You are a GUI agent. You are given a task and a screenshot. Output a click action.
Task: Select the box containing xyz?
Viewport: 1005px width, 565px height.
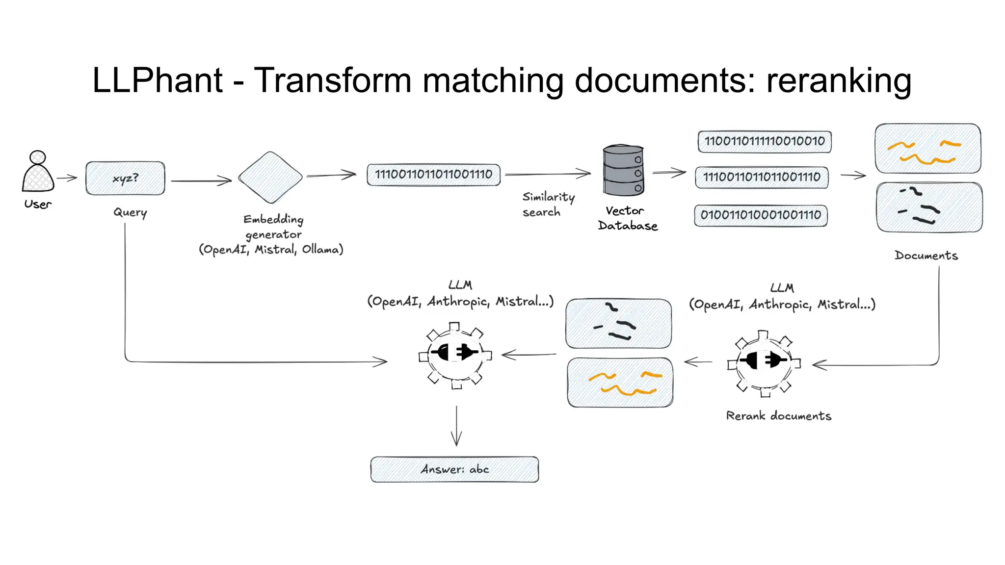tap(125, 178)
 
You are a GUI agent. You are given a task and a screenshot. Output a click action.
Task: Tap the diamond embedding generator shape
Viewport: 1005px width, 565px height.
tap(270, 178)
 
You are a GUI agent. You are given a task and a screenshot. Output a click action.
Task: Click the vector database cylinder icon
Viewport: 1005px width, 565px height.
tap(623, 171)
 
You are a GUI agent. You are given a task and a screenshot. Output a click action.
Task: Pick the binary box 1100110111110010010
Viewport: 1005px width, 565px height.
tap(765, 141)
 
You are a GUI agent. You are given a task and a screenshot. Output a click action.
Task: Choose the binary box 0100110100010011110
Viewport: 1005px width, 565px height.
tap(761, 215)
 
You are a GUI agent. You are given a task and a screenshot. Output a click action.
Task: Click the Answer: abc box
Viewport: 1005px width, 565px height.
tap(454, 469)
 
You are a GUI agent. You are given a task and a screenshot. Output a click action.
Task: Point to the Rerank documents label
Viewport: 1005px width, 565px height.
tap(778, 416)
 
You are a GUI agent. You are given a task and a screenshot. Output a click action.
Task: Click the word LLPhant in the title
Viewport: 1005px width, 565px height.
tap(158, 80)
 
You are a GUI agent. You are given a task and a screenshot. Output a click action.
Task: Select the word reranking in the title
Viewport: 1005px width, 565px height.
tap(839, 80)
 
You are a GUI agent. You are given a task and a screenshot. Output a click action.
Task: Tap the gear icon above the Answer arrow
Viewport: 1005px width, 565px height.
tap(455, 355)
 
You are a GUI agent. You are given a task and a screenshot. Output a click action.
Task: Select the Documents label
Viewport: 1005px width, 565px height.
tap(926, 256)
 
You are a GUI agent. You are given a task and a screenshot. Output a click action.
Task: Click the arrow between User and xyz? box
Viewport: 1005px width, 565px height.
tap(67, 178)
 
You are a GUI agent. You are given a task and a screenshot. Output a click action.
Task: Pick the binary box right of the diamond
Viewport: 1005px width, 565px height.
tap(433, 175)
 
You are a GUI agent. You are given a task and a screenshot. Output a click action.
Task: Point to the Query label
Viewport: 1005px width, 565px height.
tap(130, 212)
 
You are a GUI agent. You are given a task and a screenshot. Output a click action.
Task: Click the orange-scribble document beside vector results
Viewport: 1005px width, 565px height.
tap(927, 149)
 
